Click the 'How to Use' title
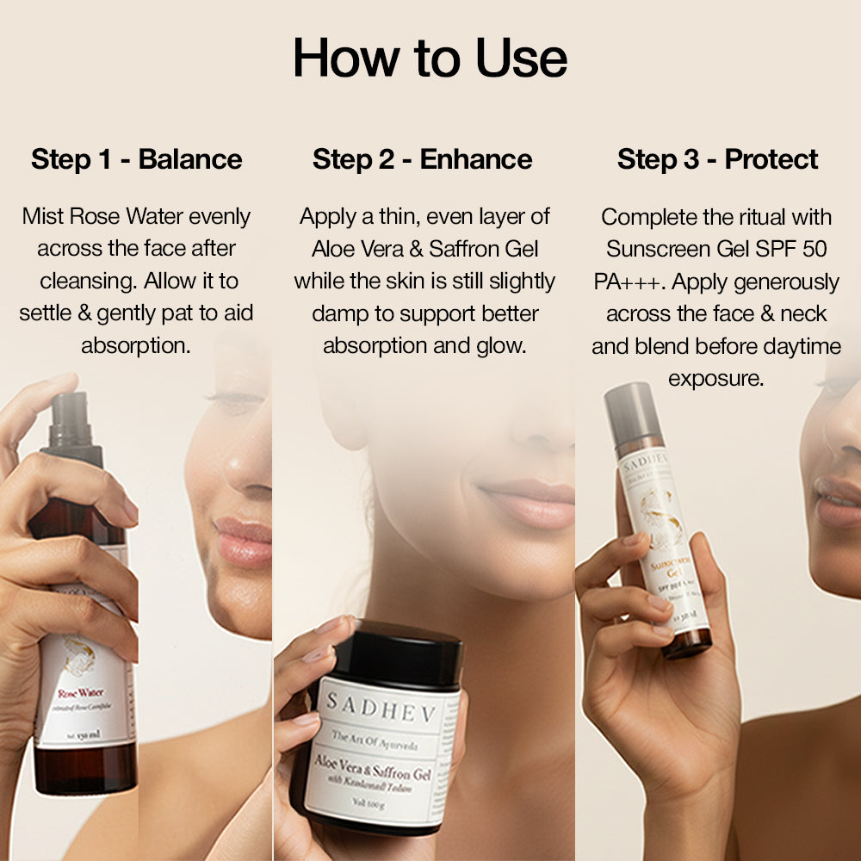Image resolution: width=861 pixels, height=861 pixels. tap(430, 59)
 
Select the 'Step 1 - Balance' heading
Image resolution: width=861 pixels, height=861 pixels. tap(137, 159)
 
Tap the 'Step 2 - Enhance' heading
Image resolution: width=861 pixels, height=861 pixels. tap(422, 159)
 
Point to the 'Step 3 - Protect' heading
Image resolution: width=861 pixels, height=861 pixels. tap(717, 159)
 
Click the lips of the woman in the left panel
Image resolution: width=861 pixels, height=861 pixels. tap(244, 540)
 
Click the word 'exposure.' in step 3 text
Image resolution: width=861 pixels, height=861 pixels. tap(715, 379)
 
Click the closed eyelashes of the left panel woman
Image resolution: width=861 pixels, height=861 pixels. tap(232, 399)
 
